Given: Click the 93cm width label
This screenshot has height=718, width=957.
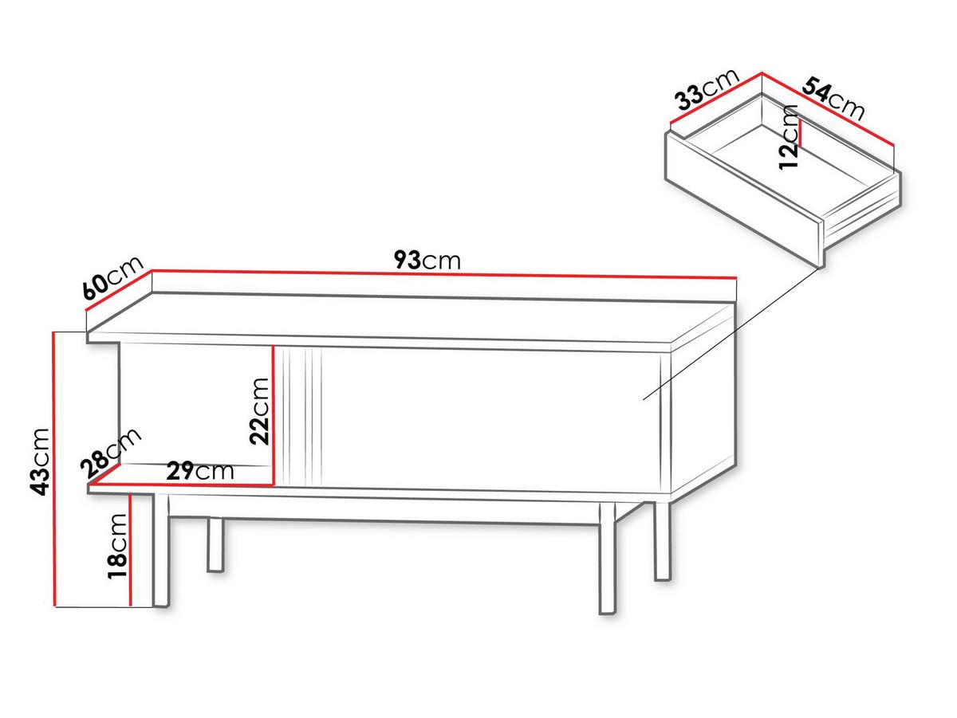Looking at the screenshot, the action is click(427, 260).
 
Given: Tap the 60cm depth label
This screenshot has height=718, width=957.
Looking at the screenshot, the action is click(113, 278).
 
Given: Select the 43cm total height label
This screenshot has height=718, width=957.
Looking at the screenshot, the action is click(40, 462).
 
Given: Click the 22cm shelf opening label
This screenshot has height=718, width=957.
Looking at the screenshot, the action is click(259, 411).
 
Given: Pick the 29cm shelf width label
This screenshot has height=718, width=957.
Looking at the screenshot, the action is click(200, 471).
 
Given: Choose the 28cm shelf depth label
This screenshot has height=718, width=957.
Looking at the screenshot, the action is click(111, 453).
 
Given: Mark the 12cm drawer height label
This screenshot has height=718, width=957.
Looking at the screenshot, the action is click(788, 136).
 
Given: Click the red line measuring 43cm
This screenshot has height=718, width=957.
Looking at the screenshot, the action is click(54, 469).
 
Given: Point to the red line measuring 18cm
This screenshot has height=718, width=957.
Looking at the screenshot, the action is click(130, 550).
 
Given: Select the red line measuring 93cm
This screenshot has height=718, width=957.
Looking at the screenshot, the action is click(444, 274).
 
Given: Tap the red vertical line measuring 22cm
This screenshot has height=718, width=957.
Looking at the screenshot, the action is click(273, 414).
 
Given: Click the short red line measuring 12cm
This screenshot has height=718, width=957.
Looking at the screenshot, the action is click(801, 131).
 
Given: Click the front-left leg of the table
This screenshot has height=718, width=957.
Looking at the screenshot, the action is click(161, 551).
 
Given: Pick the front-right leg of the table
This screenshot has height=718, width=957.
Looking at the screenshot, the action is click(608, 559).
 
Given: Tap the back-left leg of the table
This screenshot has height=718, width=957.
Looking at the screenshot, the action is click(215, 544).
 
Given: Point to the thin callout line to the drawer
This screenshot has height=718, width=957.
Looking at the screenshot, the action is click(731, 333).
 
